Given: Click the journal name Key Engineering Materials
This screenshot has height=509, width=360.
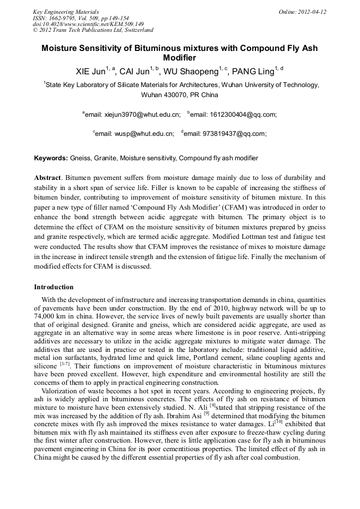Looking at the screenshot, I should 66,12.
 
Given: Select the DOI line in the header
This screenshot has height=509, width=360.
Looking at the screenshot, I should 88,24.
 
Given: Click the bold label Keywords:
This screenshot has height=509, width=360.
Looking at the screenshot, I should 51,158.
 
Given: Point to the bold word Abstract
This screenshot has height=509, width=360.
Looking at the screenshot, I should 48,177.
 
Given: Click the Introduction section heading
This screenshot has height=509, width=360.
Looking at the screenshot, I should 54,287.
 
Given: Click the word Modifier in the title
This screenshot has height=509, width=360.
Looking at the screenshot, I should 179,58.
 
